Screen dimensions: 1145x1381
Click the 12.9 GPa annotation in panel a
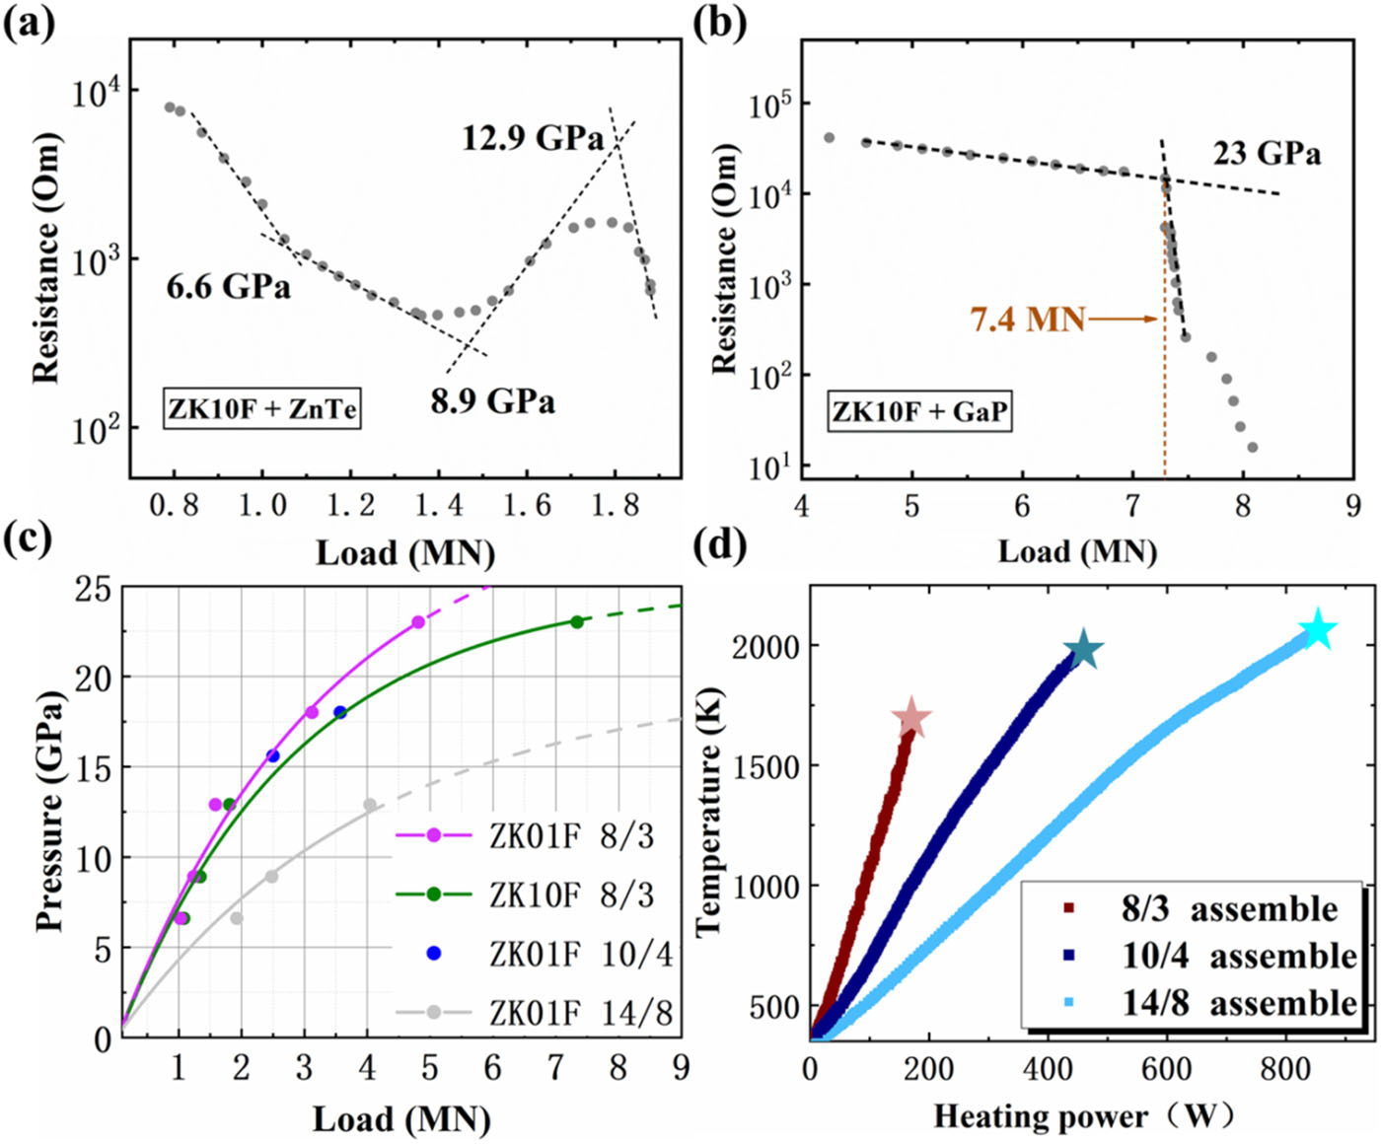[533, 138]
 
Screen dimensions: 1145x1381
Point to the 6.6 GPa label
[228, 287]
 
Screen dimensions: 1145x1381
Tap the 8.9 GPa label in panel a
[492, 401]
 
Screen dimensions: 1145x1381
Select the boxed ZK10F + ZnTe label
[262, 408]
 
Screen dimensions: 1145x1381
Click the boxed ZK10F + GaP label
[920, 410]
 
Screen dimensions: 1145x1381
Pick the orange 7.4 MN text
[1027, 320]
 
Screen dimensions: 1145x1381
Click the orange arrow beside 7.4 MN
[1123, 319]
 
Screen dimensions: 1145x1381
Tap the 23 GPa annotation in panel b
[1267, 154]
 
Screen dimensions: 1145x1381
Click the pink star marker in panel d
[911, 720]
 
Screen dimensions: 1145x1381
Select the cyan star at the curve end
[1318, 630]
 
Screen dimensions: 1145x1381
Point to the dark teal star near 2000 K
[1083, 650]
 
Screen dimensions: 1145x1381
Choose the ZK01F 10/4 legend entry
[580, 954]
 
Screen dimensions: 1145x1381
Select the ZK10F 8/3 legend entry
[570, 895]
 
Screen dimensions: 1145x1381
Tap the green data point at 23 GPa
[577, 621]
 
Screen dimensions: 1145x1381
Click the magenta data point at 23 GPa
[418, 621]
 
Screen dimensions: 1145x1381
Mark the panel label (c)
[31, 539]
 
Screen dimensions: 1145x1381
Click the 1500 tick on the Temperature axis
[764, 765]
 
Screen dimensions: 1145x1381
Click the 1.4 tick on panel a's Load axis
[439, 505]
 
